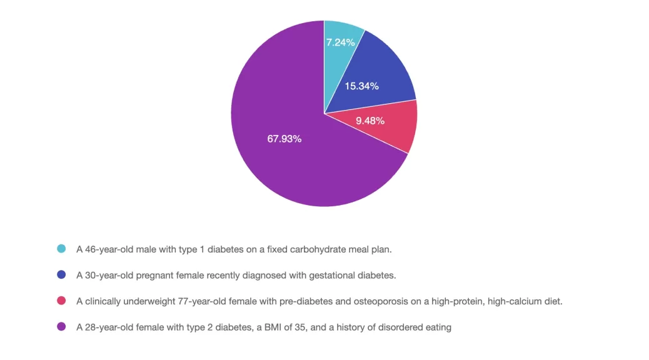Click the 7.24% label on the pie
(x=341, y=42)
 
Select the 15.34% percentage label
(x=362, y=86)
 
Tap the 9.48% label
(x=370, y=121)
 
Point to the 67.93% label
(x=284, y=139)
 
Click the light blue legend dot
(x=61, y=249)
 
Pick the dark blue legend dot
(x=61, y=275)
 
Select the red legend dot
(x=61, y=301)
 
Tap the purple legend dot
(x=61, y=327)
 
